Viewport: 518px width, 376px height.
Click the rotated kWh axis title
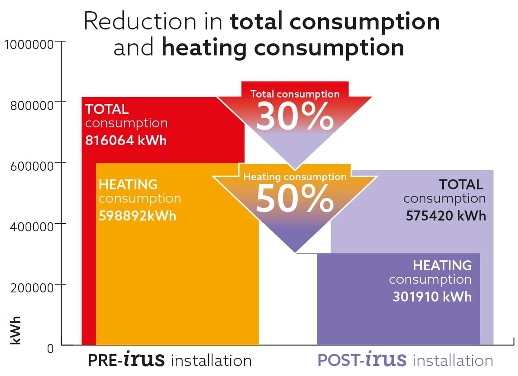pos(16,331)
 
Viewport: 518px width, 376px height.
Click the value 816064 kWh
pos(126,141)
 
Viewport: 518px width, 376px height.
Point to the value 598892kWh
pos(138,216)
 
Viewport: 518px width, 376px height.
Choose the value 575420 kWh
pos(446,215)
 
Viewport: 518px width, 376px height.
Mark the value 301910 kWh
pos(432,297)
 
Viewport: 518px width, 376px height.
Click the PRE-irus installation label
pos(170,360)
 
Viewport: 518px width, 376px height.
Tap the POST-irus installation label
pos(405,360)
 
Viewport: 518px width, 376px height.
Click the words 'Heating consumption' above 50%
pos(295,177)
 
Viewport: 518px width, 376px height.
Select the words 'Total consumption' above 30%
pos(295,94)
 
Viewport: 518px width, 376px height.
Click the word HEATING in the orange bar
pos(128,185)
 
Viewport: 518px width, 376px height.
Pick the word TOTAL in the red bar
pos(107,108)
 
